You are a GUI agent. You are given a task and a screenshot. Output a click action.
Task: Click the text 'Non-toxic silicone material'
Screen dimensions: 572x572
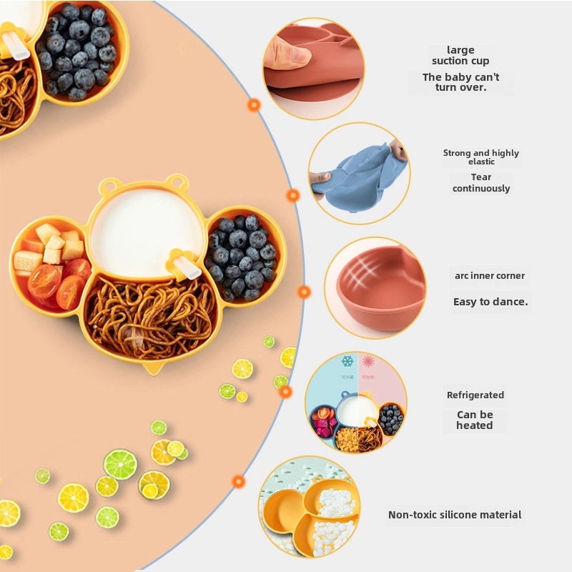tap(455, 515)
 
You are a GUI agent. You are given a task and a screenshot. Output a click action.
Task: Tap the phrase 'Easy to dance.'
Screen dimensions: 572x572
tap(490, 302)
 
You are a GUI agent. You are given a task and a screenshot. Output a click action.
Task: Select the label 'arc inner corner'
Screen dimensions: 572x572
tap(489, 276)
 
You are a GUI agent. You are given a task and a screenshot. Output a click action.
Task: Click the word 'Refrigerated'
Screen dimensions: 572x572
tap(475, 395)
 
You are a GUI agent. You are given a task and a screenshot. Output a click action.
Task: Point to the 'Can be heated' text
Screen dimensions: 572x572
tap(475, 420)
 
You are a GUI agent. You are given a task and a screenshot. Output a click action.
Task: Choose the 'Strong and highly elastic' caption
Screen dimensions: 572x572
tap(480, 157)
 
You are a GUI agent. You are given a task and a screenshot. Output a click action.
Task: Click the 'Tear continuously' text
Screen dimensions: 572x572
tap(481, 183)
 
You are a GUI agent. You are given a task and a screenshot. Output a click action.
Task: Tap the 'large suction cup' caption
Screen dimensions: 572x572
tap(461, 55)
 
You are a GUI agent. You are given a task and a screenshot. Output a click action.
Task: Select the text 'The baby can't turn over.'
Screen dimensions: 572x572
tap(461, 82)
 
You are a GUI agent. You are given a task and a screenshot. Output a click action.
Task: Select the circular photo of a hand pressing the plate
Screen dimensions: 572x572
tap(313, 58)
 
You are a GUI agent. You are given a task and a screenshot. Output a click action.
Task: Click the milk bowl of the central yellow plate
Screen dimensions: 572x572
tap(147, 229)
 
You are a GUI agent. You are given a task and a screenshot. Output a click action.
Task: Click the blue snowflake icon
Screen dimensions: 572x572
tap(347, 362)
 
